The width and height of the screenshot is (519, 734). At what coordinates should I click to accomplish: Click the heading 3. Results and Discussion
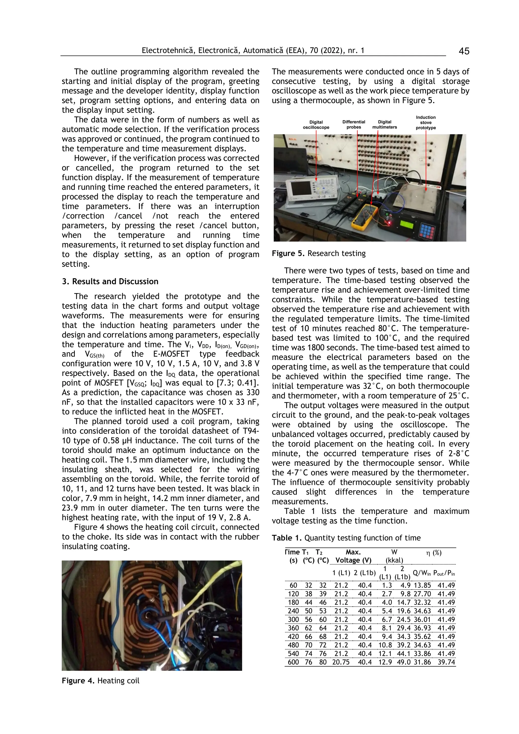pyautogui.click(x=110, y=281)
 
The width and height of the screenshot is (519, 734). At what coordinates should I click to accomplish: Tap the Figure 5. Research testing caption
pyautogui.click(x=318, y=253)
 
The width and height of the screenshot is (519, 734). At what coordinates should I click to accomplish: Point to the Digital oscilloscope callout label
pyautogui.click(x=316, y=125)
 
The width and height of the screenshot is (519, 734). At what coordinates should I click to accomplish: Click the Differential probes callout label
pyautogui.click(x=354, y=124)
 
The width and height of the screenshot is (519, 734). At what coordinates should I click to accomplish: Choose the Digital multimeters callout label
pyautogui.click(x=384, y=124)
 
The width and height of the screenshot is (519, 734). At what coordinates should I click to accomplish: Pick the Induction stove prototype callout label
pyautogui.click(x=426, y=122)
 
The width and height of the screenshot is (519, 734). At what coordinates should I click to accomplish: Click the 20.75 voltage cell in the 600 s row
pyautogui.click(x=341, y=662)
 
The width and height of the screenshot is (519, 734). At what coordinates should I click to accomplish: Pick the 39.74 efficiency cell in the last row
pyautogui.click(x=446, y=662)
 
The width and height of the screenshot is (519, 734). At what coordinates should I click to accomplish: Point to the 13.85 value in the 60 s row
pyautogui.click(x=422, y=585)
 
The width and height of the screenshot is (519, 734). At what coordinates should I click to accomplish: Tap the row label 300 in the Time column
pyautogui.click(x=293, y=619)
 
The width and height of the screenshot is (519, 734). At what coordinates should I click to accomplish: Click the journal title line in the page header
pyautogui.click(x=253, y=50)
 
